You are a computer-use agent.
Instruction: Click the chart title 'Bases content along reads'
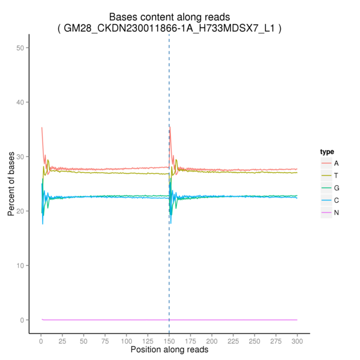pos(169,17)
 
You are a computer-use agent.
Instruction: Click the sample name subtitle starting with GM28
pos(169,28)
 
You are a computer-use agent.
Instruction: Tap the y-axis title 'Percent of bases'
pos(11,184)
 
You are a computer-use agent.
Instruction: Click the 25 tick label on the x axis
pos(62,340)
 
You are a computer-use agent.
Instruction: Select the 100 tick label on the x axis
pos(126,340)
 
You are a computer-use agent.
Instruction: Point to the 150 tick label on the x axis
pos(169,340)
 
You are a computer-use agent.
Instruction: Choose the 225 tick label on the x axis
pos(233,340)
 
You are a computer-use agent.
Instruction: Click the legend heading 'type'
pos(327,151)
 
